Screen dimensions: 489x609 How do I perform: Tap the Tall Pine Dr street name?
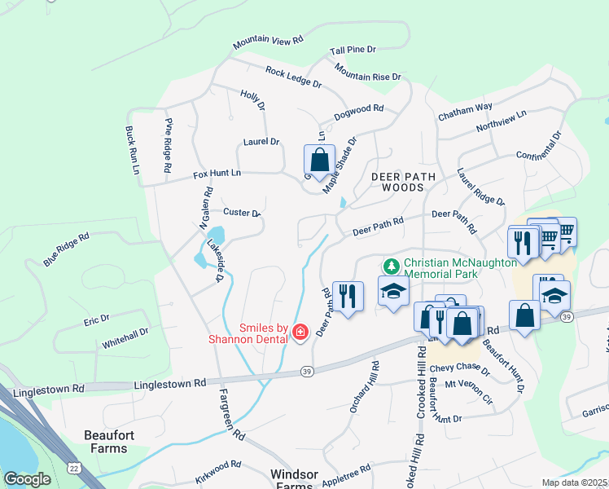353,51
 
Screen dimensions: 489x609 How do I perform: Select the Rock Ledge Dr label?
293,77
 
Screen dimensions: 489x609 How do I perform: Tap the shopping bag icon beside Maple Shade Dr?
319,161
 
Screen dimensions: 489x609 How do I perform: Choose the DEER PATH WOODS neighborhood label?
398,182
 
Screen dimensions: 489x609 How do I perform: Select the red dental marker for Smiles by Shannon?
300,331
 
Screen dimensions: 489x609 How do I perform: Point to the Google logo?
28,479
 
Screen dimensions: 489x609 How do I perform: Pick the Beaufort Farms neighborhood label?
106,442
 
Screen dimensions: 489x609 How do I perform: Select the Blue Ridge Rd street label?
66,249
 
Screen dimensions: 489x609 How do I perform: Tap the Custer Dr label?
241,213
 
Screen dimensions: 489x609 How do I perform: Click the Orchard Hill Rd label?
364,386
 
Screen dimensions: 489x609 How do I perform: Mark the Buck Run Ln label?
131,150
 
